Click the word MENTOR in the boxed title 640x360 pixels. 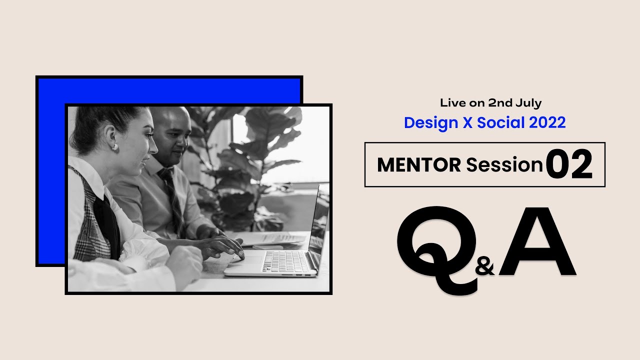click(x=419, y=164)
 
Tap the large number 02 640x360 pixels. click(x=569, y=164)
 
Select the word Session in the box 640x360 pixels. click(x=504, y=164)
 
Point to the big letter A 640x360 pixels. click(x=537, y=242)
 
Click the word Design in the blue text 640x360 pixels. click(x=431, y=122)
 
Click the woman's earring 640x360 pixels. click(x=113, y=147)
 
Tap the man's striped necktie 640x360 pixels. click(x=172, y=200)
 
